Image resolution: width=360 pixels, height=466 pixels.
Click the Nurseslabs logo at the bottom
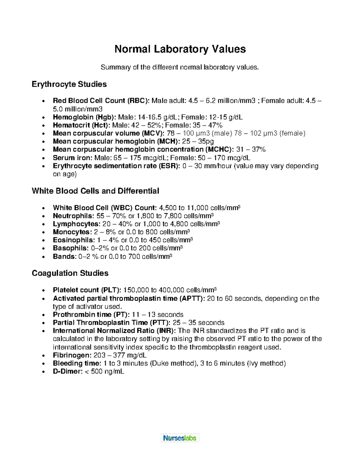[x=180, y=438]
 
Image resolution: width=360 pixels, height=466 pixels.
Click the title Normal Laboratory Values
[x=180, y=49]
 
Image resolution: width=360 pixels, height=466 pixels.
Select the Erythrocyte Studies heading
[x=69, y=84]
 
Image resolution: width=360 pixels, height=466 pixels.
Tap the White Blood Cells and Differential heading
[x=95, y=191]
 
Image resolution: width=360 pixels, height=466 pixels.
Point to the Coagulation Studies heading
[x=70, y=273]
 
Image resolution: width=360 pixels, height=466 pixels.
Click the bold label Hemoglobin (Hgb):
[x=85, y=117]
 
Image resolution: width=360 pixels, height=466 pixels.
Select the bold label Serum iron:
[x=73, y=158]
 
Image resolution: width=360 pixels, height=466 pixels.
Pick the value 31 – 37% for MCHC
[x=251, y=149]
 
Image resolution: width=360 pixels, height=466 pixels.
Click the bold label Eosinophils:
[x=74, y=240]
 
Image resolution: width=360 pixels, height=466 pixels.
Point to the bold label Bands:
[x=64, y=257]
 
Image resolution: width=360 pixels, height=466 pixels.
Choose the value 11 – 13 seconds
[x=157, y=314]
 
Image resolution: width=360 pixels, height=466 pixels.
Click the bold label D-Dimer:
[x=67, y=371]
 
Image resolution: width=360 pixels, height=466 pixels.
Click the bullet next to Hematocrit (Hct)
[x=44, y=125]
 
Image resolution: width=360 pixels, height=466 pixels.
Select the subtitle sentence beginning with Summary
[x=180, y=67]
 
